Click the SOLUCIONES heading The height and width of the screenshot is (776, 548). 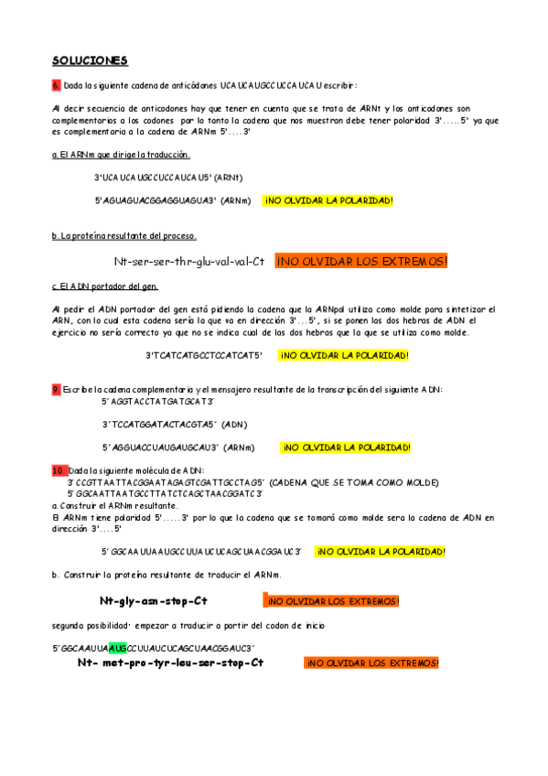click(x=90, y=60)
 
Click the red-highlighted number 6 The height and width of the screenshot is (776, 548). click(x=56, y=85)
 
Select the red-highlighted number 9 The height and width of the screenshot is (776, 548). click(x=56, y=389)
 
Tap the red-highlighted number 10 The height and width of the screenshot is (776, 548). click(x=59, y=469)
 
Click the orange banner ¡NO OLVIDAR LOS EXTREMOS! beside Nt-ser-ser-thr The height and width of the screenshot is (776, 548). click(x=362, y=262)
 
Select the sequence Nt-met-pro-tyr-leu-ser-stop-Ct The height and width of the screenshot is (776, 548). click(x=170, y=663)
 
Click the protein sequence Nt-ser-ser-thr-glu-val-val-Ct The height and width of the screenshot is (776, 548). click(x=189, y=262)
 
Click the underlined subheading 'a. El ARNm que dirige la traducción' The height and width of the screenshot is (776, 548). click(x=121, y=155)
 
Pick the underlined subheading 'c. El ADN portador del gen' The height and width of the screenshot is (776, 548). click(x=106, y=286)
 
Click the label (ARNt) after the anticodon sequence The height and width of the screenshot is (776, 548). click(x=228, y=178)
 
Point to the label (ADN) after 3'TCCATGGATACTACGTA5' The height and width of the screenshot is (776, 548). click(x=233, y=425)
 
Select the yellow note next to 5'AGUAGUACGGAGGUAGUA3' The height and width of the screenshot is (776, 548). click(x=328, y=200)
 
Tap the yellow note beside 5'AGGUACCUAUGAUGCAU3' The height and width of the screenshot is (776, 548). click(x=346, y=447)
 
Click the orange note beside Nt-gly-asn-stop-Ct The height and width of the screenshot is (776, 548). click(x=332, y=601)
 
